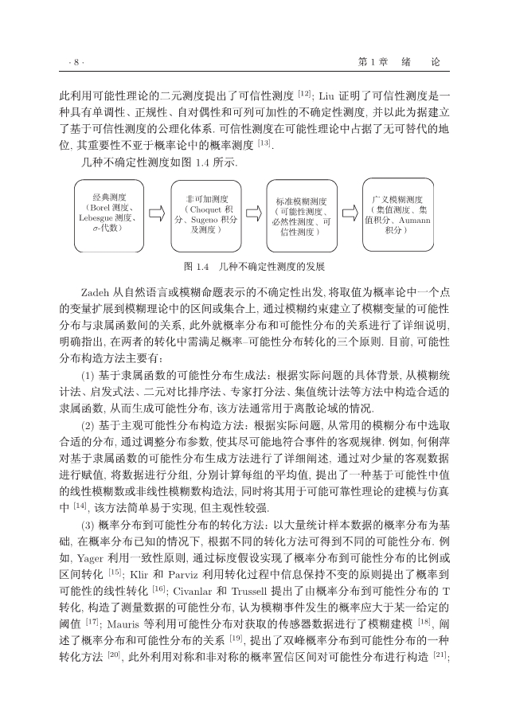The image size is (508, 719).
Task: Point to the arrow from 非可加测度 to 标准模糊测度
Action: [x=253, y=213]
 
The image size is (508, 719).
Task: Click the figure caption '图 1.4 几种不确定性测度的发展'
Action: [x=254, y=266]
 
